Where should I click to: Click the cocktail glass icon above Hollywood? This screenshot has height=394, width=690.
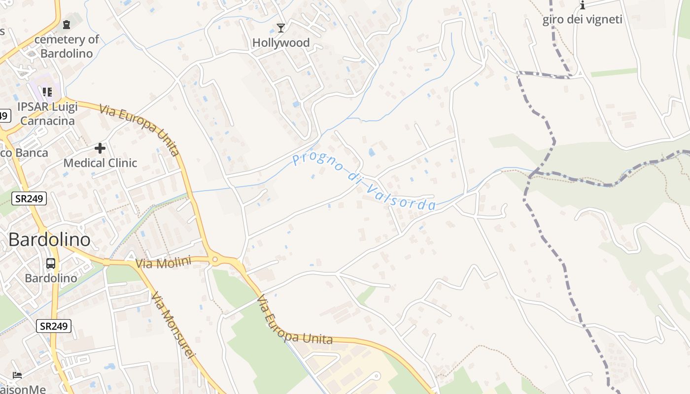[x=280, y=28]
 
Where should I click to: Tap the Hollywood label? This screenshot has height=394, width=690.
[x=281, y=43]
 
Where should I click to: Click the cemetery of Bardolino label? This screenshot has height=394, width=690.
[x=67, y=46]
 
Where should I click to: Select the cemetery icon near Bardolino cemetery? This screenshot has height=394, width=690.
[x=67, y=24]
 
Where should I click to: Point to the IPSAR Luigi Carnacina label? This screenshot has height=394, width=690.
[x=48, y=114]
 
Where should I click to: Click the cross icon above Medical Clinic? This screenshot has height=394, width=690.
[x=100, y=148]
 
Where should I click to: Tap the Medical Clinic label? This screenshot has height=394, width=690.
[x=100, y=163]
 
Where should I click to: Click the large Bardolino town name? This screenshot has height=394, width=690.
[x=49, y=240]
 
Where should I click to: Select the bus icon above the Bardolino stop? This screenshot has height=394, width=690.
[x=51, y=263]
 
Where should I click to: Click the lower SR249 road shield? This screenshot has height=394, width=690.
[x=54, y=326]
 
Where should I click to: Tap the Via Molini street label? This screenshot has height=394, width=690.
[x=163, y=263]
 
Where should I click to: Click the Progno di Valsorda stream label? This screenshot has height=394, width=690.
[x=364, y=182]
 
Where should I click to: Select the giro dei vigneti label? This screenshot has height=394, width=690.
[x=582, y=20]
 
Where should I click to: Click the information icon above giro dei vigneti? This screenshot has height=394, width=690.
[x=583, y=5]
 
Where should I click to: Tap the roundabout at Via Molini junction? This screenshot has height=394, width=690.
[x=215, y=259]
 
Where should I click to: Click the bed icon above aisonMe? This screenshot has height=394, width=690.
[x=17, y=375]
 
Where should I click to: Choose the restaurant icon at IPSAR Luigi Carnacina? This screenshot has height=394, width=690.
[x=47, y=92]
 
